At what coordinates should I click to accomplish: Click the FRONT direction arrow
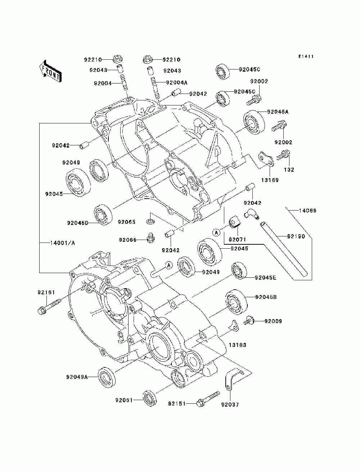(x=51, y=71)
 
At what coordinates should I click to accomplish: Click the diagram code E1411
(x=306, y=56)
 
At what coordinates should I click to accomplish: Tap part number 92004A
(x=176, y=82)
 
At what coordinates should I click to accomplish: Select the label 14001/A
(x=63, y=243)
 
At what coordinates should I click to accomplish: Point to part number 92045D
(x=78, y=223)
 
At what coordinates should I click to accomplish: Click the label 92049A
(x=77, y=377)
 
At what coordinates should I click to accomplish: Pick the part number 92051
(x=124, y=400)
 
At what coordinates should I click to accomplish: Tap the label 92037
(x=230, y=404)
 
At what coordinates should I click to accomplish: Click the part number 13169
(x=270, y=180)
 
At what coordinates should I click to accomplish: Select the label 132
(x=289, y=169)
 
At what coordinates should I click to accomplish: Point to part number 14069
(x=307, y=211)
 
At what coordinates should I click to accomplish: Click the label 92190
(x=296, y=236)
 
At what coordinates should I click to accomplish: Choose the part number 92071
(x=237, y=239)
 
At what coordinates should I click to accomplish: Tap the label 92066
(x=128, y=240)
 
